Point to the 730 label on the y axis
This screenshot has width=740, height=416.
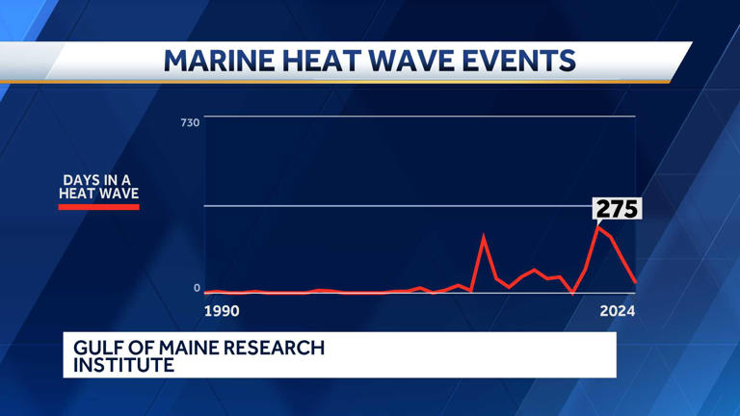tap(189, 122)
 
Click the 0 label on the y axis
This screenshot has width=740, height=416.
tap(197, 287)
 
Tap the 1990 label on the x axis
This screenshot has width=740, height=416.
tap(222, 311)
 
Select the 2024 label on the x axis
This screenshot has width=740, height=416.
tap(617, 311)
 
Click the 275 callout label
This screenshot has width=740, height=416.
tap(617, 208)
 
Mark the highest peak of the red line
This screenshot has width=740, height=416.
tap(598, 227)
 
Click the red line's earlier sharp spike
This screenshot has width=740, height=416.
tap(484, 236)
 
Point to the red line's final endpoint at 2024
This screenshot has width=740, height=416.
tap(635, 282)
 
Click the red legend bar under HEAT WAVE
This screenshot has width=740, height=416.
tap(99, 206)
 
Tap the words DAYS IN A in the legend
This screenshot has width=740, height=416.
tap(99, 180)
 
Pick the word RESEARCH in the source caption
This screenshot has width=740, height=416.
tap(277, 348)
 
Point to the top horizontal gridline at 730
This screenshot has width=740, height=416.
tap(419, 117)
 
